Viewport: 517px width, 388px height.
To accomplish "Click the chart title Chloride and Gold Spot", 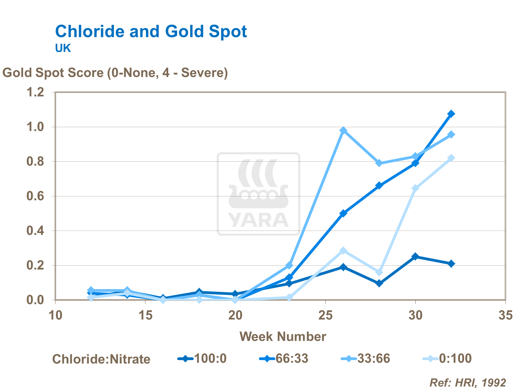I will tap(151, 32).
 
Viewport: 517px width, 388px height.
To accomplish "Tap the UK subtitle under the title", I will tap(63, 48).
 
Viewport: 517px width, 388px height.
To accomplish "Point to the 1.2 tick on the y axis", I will tap(36, 92).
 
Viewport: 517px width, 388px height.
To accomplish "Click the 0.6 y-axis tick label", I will tap(36, 196).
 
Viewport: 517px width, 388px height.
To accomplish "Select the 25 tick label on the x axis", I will tap(325, 315).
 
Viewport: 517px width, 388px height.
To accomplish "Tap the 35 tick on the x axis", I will tap(505, 315).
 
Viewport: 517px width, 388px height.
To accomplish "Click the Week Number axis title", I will tap(283, 337).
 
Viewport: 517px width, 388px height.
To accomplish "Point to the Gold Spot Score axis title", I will tap(115, 73).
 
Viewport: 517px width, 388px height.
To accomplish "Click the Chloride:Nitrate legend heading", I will tap(101, 359).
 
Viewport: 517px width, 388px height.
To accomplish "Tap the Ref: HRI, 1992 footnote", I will tap(468, 382).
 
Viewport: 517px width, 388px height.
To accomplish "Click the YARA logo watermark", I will tap(258, 194).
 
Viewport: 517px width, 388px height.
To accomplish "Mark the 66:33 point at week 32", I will tap(451, 114).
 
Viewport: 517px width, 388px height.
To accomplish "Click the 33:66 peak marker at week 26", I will tap(343, 130).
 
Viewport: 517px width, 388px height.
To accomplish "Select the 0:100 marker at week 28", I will tap(379, 272).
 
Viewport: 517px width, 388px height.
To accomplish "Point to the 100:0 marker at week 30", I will tap(415, 257).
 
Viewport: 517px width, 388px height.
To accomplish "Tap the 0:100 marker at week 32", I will tap(451, 158).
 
